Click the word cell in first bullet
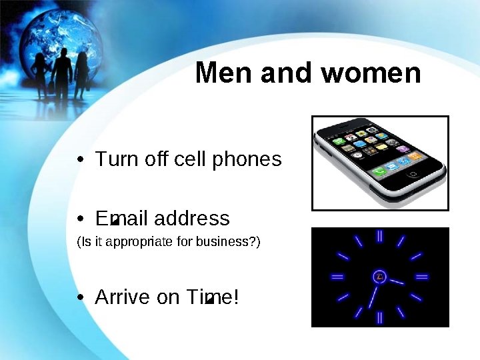[x=190, y=160]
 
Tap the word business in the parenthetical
[x=222, y=241]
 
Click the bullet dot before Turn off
[x=80, y=161]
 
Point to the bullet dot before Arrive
[x=80, y=298]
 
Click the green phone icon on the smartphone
[x=379, y=172]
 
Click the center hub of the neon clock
[x=379, y=276]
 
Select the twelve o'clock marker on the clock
[x=379, y=235]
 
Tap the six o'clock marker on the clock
[x=379, y=317]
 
